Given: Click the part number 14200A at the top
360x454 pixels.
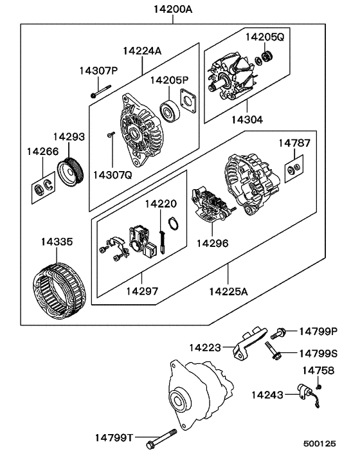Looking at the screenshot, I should tap(172, 9).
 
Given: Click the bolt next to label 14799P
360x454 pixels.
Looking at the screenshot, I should tap(280, 332).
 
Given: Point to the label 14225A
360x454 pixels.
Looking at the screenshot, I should tap(228, 291).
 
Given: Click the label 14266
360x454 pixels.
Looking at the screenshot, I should tap(42, 152).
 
